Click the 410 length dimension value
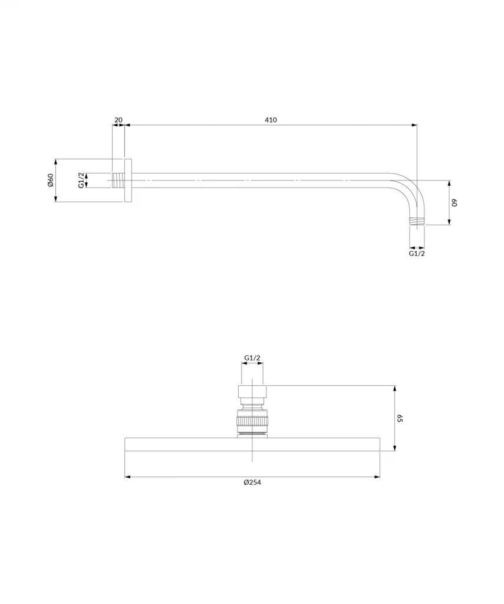pyautogui.click(x=271, y=120)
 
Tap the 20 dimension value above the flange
pyautogui.click(x=118, y=120)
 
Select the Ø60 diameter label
pyautogui.click(x=51, y=180)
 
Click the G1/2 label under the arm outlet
pyautogui.click(x=417, y=253)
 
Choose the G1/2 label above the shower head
pyautogui.click(x=252, y=357)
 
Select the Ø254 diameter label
pyautogui.click(x=252, y=482)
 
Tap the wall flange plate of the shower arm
pyautogui.click(x=128, y=180)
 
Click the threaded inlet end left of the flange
pyautogui.click(x=118, y=180)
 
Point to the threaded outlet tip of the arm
pyautogui.click(x=417, y=222)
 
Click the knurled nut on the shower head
pyautogui.click(x=252, y=421)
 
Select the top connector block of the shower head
pyautogui.click(x=252, y=392)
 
